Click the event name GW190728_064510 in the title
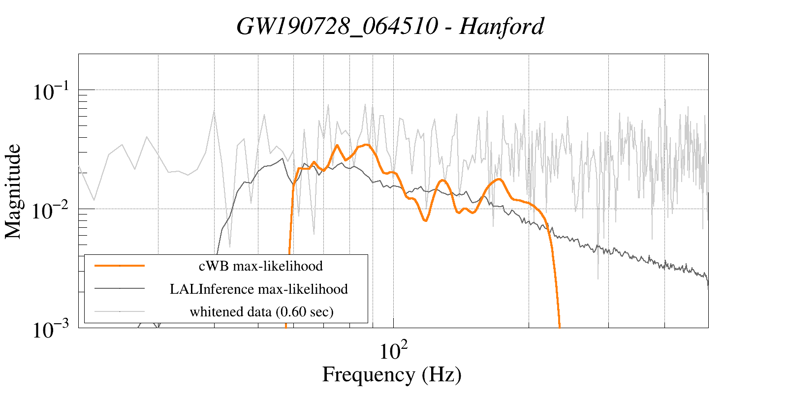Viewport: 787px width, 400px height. click(x=337, y=27)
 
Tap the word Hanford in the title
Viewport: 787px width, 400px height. click(x=502, y=27)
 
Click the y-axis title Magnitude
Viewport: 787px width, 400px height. click(x=13, y=191)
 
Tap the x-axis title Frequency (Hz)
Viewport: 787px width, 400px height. click(x=392, y=374)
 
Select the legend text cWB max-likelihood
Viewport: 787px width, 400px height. click(x=260, y=266)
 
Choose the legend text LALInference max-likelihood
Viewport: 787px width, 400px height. click(x=259, y=289)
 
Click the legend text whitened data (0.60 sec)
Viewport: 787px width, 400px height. click(x=261, y=311)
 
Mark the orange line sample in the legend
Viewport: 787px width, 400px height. click(x=120, y=266)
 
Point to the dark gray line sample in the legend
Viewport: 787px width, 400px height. click(x=120, y=289)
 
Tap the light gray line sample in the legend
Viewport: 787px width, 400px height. click(x=120, y=311)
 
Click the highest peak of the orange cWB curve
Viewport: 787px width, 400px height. click(x=366, y=145)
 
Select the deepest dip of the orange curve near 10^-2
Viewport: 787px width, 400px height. click(x=425, y=221)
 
